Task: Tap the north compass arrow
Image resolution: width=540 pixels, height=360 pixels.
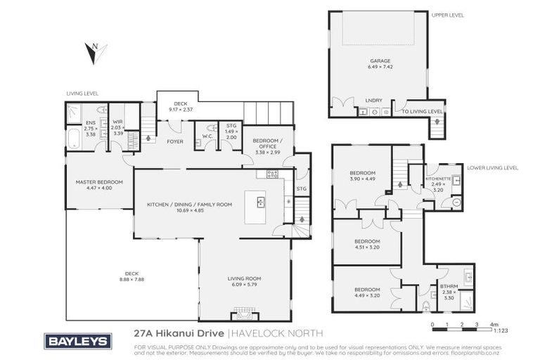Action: (x=93, y=51)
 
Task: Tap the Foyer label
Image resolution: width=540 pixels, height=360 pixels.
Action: (x=175, y=141)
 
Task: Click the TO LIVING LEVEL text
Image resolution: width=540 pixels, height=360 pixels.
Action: (x=421, y=111)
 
